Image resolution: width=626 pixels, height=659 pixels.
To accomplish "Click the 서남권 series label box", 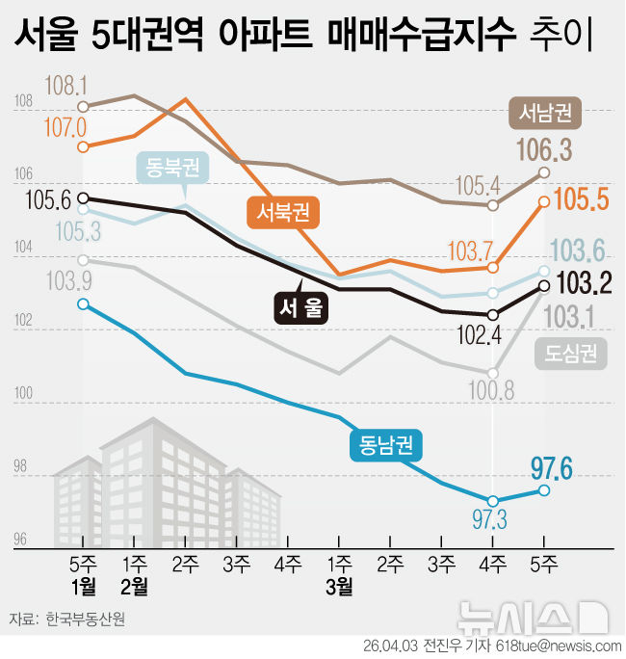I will pyautogui.click(x=545, y=114).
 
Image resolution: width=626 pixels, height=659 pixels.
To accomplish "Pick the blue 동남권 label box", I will pyautogui.click(x=385, y=444).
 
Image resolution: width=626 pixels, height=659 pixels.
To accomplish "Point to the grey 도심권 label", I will pyautogui.click(x=571, y=354).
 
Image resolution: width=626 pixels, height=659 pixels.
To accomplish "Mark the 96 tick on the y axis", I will pyautogui.click(x=21, y=540).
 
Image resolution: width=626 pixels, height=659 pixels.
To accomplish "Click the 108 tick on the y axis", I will pyautogui.click(x=23, y=101).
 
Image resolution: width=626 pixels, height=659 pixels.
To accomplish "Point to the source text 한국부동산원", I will pyautogui.click(x=86, y=619).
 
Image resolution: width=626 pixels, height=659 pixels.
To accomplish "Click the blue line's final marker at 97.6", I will pyautogui.click(x=544, y=490).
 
